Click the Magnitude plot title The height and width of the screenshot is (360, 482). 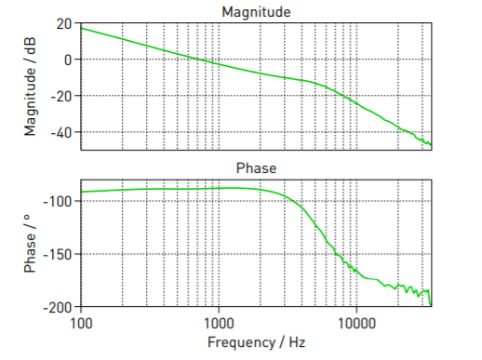click(x=255, y=11)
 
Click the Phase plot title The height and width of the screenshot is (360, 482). click(x=255, y=167)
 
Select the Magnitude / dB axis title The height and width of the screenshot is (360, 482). click(x=31, y=86)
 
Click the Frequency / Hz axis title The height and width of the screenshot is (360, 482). click(x=255, y=342)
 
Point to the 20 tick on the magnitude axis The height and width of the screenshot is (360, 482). click(x=64, y=23)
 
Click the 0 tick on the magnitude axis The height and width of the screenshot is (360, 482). click(x=68, y=60)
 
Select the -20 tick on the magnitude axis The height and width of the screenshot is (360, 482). click(x=61, y=96)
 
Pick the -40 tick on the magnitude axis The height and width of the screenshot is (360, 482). click(x=61, y=132)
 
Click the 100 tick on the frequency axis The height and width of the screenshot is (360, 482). click(x=81, y=323)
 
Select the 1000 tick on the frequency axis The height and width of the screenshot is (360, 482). click(x=219, y=323)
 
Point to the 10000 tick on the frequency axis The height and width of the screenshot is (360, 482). click(x=356, y=323)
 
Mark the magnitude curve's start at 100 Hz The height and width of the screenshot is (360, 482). click(x=82, y=28)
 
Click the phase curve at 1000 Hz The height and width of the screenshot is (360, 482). click(x=219, y=189)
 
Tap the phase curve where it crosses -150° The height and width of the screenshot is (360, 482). click(x=332, y=254)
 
